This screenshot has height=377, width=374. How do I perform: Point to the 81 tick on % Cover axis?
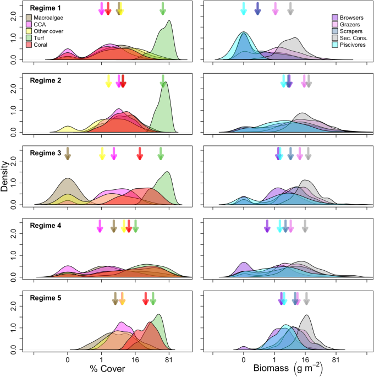point(169,360)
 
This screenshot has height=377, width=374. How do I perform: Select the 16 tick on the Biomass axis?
point(305,360)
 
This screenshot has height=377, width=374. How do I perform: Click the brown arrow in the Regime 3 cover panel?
point(68,154)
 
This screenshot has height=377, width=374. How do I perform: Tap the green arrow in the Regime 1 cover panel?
point(163,8)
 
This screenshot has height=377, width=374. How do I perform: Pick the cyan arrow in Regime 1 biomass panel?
point(244,8)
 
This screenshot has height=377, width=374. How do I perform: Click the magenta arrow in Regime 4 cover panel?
point(100,226)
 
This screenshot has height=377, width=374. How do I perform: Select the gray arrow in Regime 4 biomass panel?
point(305,226)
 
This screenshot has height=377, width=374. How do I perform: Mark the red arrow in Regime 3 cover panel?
point(140,154)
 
